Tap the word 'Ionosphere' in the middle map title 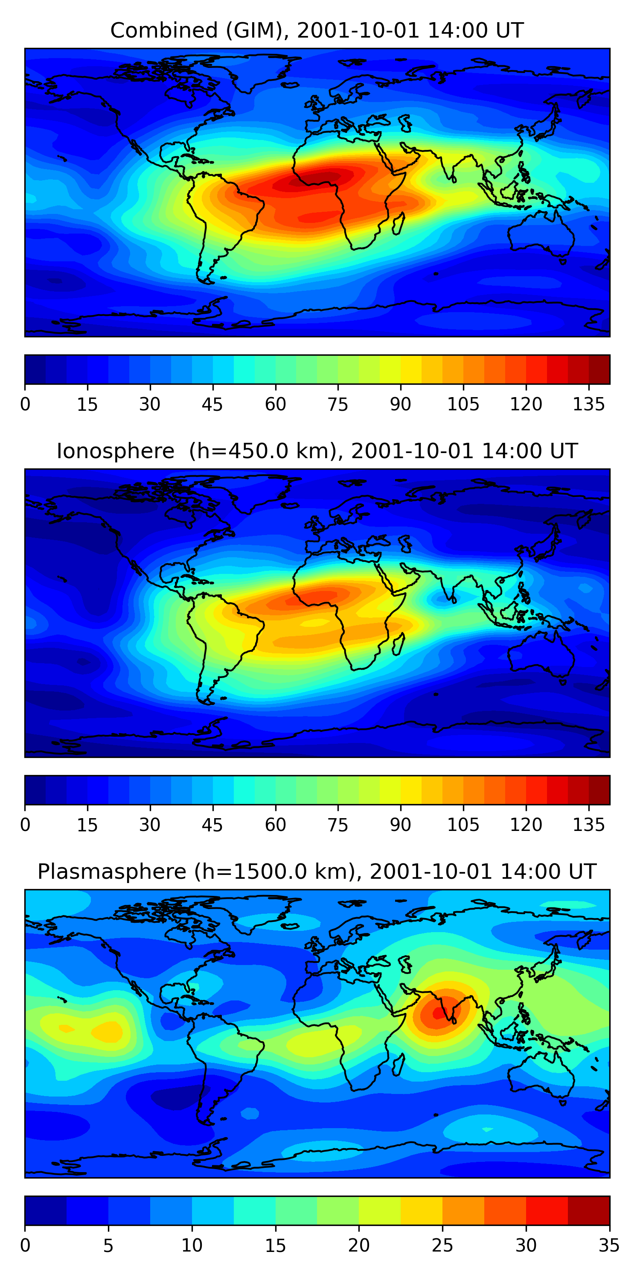pos(115,451)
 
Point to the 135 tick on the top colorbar pos(589,404)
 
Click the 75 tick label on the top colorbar pos(338,404)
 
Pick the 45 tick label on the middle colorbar pos(212,825)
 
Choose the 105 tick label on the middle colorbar pos(463,825)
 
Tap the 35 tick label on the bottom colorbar pos(609,1245)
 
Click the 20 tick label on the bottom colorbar pos(359,1245)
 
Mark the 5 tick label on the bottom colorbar pos(108,1245)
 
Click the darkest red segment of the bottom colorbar pos(588,1211)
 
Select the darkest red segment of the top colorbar pos(599,369)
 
